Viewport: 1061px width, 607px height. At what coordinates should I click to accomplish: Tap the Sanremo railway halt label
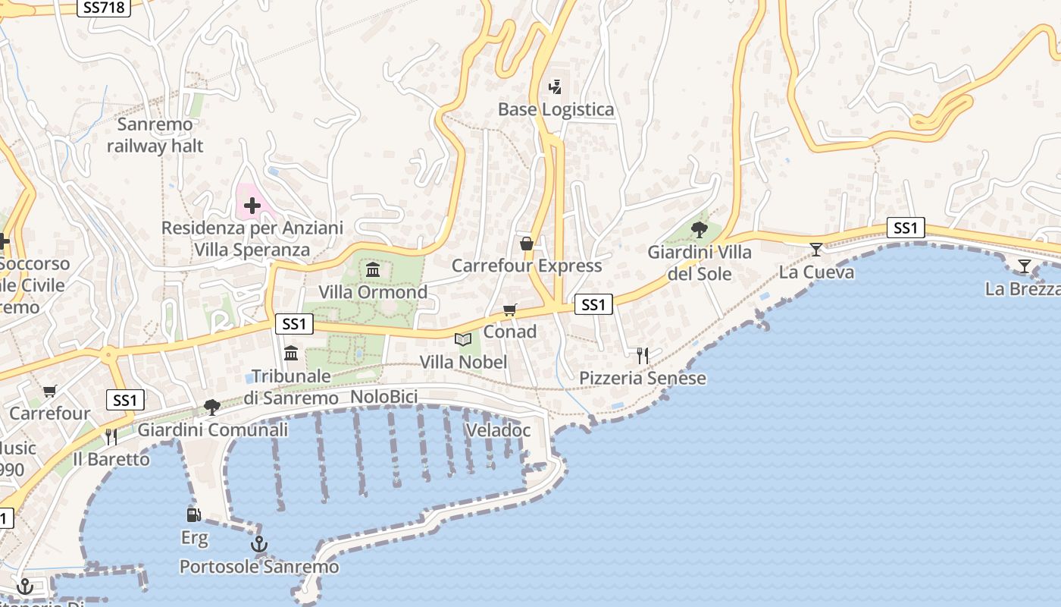coord(155,135)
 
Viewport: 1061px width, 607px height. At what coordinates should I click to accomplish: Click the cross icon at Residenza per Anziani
coord(252,205)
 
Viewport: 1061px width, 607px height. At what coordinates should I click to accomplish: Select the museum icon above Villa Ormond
coord(373,269)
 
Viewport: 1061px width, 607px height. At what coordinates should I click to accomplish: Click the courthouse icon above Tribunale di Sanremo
coord(291,353)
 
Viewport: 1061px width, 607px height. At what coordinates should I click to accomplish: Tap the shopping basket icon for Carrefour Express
coord(527,244)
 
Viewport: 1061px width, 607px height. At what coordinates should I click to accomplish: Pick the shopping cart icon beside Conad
coord(510,310)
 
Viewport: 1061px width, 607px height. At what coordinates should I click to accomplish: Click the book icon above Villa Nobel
coord(463,339)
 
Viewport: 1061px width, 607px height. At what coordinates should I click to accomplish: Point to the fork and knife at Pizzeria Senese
coord(643,355)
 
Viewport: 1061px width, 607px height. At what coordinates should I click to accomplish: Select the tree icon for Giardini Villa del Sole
coord(700,229)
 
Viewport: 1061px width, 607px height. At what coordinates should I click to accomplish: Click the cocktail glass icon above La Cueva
coord(816,249)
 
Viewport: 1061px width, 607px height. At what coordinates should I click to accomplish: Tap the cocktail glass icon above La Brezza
coord(1025,266)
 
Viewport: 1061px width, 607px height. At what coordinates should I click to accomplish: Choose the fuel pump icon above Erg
coord(194,515)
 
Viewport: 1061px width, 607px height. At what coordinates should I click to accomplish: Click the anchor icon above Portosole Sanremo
coord(259,544)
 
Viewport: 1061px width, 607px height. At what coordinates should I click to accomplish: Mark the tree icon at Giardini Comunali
coord(212,407)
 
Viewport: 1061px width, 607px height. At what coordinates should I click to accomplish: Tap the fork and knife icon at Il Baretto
coord(111,436)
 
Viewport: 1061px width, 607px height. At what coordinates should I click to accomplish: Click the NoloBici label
coord(384,398)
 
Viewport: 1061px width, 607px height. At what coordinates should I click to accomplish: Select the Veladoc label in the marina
coord(498,430)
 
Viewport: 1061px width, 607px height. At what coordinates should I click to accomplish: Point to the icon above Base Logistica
coord(556,87)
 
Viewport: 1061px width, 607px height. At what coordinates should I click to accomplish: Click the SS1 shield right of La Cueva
coord(906,228)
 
